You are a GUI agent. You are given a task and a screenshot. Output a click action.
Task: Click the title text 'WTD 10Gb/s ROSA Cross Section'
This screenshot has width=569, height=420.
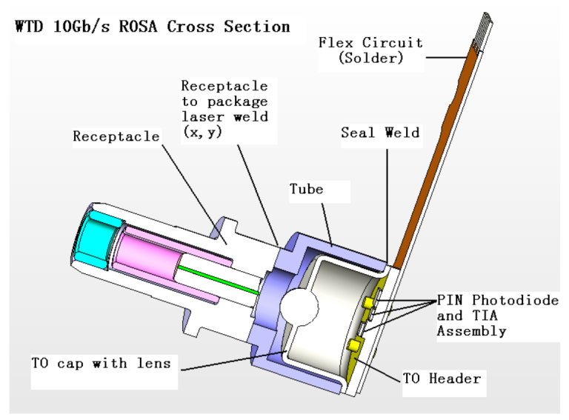tap(152, 27)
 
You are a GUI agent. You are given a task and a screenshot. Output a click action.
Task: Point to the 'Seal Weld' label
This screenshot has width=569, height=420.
tap(379, 133)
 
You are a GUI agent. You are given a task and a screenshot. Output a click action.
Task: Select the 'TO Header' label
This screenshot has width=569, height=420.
tap(443, 379)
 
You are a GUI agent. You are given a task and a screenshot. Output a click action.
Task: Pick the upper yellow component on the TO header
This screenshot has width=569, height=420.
tap(369, 302)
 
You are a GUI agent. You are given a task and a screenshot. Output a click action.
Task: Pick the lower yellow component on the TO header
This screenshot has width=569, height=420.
tap(354, 345)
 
